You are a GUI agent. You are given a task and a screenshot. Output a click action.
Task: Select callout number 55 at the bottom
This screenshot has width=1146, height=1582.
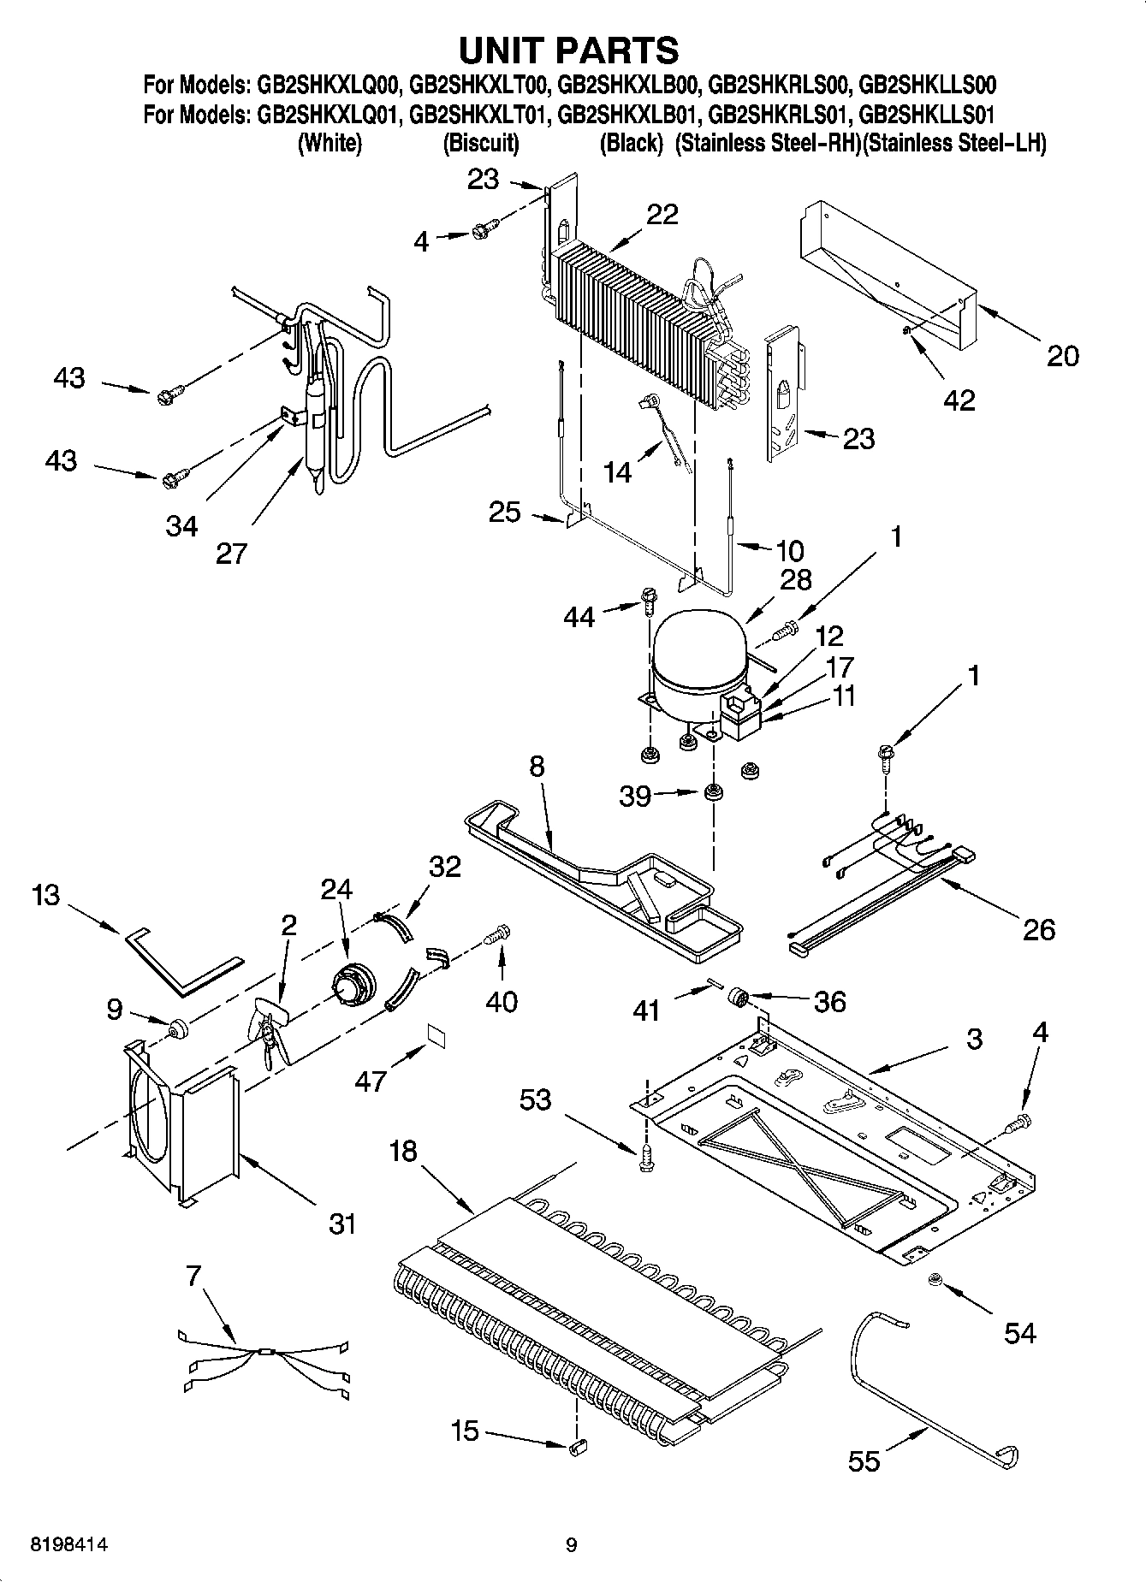pyautogui.click(x=864, y=1460)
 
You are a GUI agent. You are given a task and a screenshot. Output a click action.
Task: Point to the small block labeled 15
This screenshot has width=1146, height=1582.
pyautogui.click(x=576, y=1446)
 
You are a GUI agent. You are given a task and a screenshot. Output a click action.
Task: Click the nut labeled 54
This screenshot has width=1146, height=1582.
pyautogui.click(x=935, y=1281)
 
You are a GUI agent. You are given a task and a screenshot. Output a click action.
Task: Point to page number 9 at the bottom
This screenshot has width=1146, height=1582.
pyautogui.click(x=572, y=1545)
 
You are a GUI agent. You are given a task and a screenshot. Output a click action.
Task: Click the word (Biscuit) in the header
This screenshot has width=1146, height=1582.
pyautogui.click(x=480, y=143)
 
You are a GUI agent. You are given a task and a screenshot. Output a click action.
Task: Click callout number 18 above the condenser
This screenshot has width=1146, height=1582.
pyautogui.click(x=403, y=1152)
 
